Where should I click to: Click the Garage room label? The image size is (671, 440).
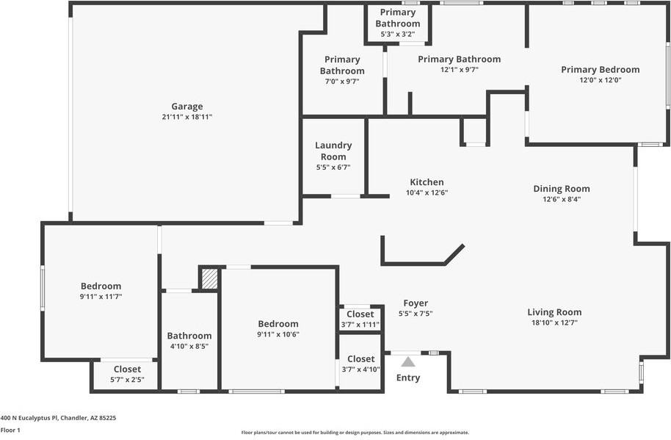point(186,107)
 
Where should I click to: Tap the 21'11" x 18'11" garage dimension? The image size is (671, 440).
point(186,117)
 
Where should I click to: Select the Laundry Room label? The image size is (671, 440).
point(333,151)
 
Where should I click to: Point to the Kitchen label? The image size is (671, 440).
point(427,182)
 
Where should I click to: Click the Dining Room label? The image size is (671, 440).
point(562,189)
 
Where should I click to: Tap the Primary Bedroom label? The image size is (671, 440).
point(600,70)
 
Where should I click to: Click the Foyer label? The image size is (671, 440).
point(416,303)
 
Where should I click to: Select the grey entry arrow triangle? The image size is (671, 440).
point(408,361)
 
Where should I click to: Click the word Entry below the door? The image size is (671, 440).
point(408,378)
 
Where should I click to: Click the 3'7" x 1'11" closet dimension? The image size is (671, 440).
point(360,325)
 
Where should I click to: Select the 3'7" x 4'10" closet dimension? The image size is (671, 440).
point(360,369)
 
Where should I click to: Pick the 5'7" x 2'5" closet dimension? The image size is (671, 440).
point(127,380)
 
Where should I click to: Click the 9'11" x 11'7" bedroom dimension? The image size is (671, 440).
point(101,297)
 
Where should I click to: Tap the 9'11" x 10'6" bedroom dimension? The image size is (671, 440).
point(278,334)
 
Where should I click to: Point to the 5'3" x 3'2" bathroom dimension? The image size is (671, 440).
point(398,34)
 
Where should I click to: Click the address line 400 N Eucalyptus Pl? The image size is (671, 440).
point(58,417)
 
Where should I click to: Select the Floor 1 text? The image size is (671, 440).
point(10,430)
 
